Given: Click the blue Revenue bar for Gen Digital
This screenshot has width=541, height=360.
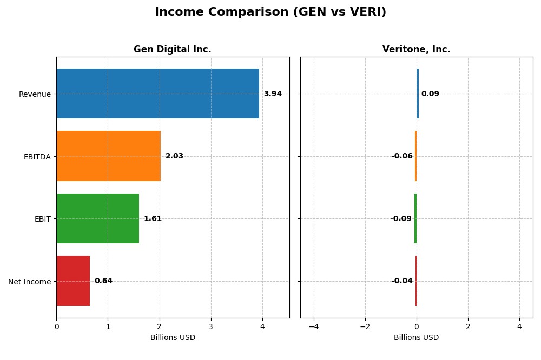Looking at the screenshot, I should pyautogui.click(x=157, y=94).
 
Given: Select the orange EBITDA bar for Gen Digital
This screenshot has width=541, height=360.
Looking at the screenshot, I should pyautogui.click(x=108, y=156).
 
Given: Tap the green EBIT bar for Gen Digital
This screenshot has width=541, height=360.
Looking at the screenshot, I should pyautogui.click(x=97, y=218).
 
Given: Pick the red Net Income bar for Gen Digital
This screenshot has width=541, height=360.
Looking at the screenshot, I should pyautogui.click(x=73, y=281).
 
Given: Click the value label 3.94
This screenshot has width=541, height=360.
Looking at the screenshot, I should pyautogui.click(x=273, y=94).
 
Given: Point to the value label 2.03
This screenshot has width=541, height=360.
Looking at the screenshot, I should pyautogui.click(x=174, y=156).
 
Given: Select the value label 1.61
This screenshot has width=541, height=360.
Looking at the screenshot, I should pyautogui.click(x=153, y=219).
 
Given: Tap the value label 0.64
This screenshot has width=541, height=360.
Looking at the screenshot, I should pyautogui.click(x=103, y=281).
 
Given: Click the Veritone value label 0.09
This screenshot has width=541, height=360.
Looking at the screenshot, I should pyautogui.click(x=430, y=94).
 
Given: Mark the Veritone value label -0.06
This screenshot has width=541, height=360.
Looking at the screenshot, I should pyautogui.click(x=402, y=156).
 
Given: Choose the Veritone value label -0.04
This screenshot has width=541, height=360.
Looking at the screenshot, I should pyautogui.click(x=402, y=281).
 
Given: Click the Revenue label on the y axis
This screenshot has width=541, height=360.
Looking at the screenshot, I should pyautogui.click(x=35, y=95).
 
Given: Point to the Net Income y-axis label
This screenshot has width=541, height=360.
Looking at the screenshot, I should pyautogui.click(x=29, y=282).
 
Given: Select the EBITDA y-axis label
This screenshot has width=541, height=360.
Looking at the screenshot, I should pyautogui.click(x=37, y=157).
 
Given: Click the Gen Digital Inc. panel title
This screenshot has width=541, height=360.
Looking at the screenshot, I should pyautogui.click(x=173, y=50).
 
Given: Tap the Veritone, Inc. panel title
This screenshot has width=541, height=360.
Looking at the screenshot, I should pyautogui.click(x=416, y=50).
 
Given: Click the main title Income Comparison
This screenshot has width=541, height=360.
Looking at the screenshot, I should pyautogui.click(x=270, y=12).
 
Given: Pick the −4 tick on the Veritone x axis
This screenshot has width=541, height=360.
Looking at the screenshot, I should pyautogui.click(x=314, y=326).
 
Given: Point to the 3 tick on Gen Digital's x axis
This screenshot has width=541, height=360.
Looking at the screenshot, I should pyautogui.click(x=211, y=326).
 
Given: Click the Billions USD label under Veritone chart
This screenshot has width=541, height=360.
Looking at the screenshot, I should pyautogui.click(x=416, y=338).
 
